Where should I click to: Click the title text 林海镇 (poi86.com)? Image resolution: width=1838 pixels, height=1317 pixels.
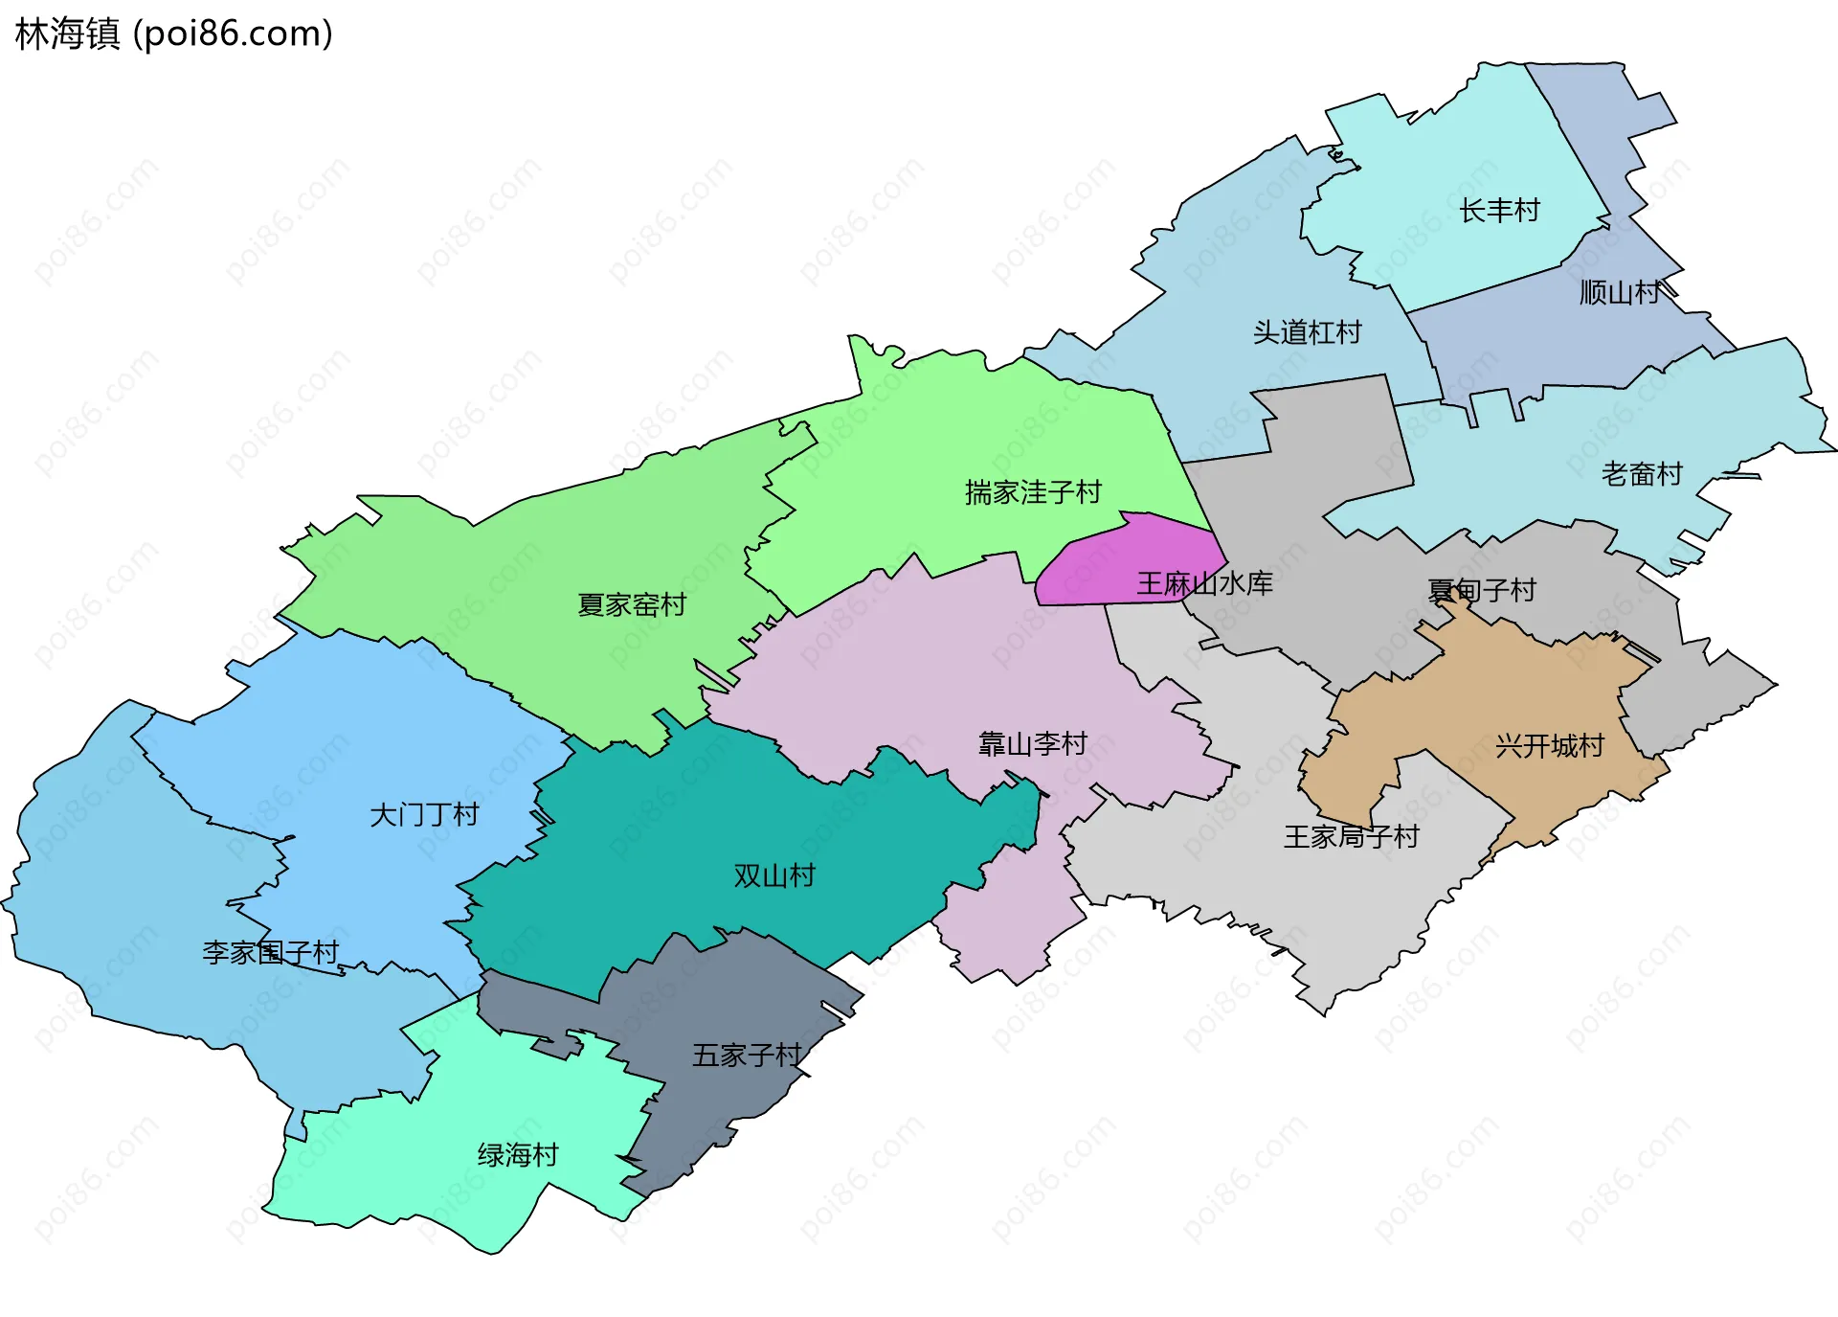[x=174, y=34]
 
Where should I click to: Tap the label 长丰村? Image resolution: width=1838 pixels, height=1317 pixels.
[x=1499, y=211]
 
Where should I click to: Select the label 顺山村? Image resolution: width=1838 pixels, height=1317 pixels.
[x=1620, y=292]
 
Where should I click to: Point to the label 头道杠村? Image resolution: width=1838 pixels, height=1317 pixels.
[x=1307, y=332]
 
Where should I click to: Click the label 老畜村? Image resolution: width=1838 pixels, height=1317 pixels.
[x=1642, y=474]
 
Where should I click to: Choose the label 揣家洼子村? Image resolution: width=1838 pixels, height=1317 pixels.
[x=1033, y=492]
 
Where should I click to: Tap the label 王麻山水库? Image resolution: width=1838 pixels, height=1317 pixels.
[x=1204, y=583]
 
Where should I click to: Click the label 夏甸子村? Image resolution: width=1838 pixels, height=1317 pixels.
[x=1481, y=590]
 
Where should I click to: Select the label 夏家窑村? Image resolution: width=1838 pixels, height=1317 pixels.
[x=632, y=604]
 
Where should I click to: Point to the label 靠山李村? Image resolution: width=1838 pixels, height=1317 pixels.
[x=1033, y=743]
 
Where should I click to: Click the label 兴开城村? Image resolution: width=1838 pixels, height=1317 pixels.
[x=1549, y=745]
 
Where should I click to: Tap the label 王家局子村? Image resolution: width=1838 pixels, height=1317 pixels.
[x=1351, y=836]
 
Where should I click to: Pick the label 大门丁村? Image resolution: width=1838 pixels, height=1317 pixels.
[x=424, y=815]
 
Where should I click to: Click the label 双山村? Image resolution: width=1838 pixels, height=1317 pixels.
[x=773, y=875]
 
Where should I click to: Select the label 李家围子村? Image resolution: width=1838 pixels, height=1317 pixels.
[x=271, y=952]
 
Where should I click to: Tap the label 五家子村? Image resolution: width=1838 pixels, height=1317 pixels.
[x=747, y=1055]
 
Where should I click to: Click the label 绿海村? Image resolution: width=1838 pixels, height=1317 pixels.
[x=518, y=1154]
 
